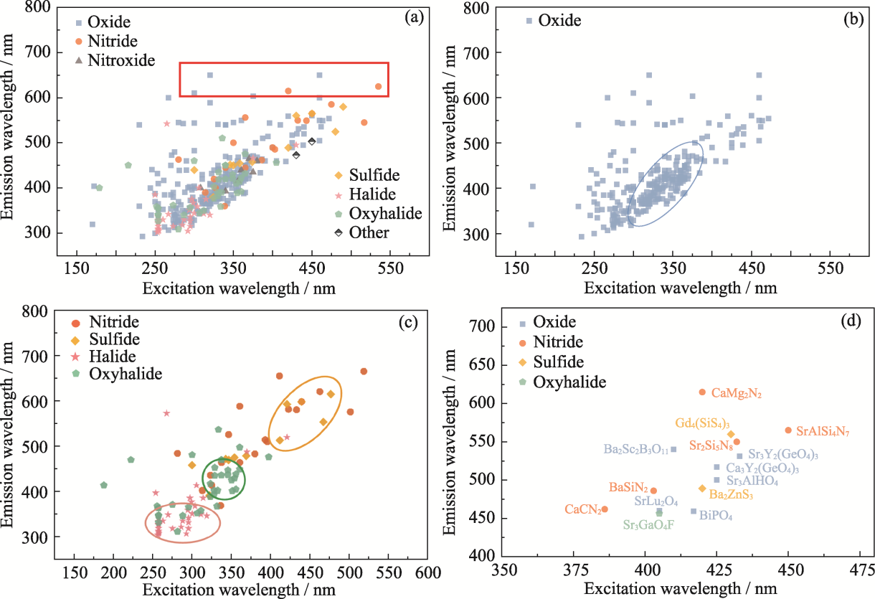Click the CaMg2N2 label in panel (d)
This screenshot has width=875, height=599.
coord(737,394)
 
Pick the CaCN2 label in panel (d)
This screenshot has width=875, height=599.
coord(582,510)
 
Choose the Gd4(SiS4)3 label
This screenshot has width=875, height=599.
coord(702,423)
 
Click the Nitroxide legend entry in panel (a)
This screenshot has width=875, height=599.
coord(121,60)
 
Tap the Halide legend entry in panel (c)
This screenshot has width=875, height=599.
coord(111,357)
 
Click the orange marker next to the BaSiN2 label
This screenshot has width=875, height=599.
coord(653,491)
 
